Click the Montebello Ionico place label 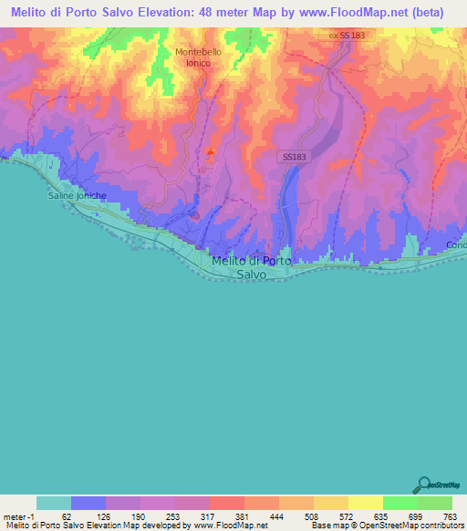tap(198, 57)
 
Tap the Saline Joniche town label tap(77, 195)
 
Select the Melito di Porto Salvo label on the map tap(251, 266)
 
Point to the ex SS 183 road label tap(348, 35)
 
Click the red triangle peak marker tap(213, 153)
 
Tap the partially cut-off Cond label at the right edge tap(456, 245)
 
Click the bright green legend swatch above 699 tap(400, 503)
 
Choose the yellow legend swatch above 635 tap(365, 503)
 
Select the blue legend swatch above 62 tap(88, 503)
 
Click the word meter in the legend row tap(13, 515)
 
